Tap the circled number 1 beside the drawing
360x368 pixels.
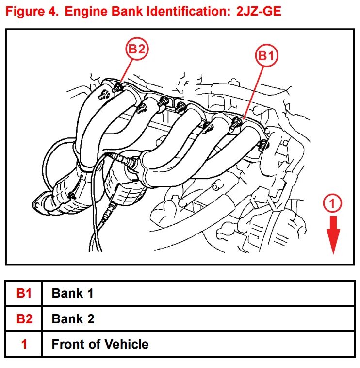(x=332, y=204)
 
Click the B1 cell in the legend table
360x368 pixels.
(x=24, y=293)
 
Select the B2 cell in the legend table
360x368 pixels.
(x=24, y=319)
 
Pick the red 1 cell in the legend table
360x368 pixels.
(x=24, y=345)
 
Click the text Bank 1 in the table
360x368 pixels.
(x=72, y=293)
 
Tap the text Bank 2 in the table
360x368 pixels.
(x=73, y=319)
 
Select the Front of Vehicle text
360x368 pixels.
(x=100, y=345)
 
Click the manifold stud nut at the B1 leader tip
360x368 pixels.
(x=237, y=121)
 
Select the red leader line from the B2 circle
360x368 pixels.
(x=125, y=70)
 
